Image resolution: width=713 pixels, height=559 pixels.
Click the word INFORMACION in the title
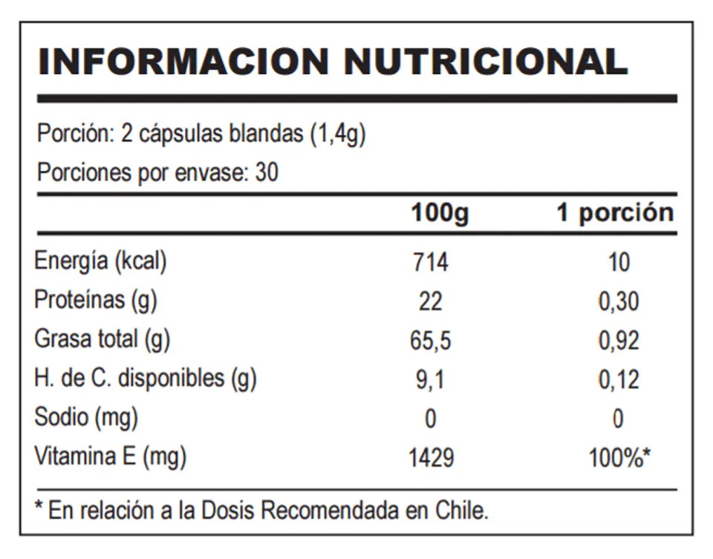pos(183,62)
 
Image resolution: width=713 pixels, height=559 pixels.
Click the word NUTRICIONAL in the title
pos(486,62)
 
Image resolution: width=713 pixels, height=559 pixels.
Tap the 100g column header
pos(440,213)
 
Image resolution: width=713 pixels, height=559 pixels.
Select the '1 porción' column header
pos(615,213)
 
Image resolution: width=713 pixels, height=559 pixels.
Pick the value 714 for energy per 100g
pos(431,262)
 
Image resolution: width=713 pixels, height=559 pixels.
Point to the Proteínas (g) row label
pos(96,301)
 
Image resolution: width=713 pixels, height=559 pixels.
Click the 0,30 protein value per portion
pos(619,301)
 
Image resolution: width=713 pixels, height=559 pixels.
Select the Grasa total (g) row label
pos(102,340)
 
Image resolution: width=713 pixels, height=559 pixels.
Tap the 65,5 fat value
pos(431,341)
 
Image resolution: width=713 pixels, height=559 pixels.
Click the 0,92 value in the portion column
pos(619,341)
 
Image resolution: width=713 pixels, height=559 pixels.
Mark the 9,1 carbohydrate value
pos(430,380)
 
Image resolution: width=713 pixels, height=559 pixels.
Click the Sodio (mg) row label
pos(86,418)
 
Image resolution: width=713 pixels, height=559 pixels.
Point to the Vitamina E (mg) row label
pos(111,457)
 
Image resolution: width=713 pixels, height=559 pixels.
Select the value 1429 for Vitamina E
pos(431,457)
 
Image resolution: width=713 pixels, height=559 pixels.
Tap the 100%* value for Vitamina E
pos(619,457)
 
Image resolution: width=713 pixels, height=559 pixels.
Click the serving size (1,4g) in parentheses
pos(338,134)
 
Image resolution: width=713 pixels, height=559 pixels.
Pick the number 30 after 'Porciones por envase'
pos(267,173)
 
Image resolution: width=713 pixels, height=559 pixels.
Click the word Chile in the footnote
pos(462,511)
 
